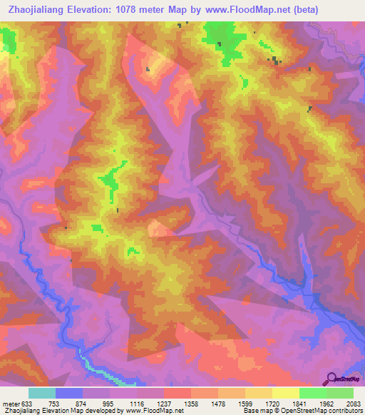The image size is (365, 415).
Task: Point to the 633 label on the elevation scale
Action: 27,403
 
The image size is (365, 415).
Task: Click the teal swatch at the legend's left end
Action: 42,393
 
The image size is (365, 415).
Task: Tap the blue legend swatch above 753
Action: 69,393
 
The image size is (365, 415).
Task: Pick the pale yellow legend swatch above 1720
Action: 285,393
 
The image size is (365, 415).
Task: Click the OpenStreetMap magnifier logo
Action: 331,378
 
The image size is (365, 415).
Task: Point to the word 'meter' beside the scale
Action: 10,403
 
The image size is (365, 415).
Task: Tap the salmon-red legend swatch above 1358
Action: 178,393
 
